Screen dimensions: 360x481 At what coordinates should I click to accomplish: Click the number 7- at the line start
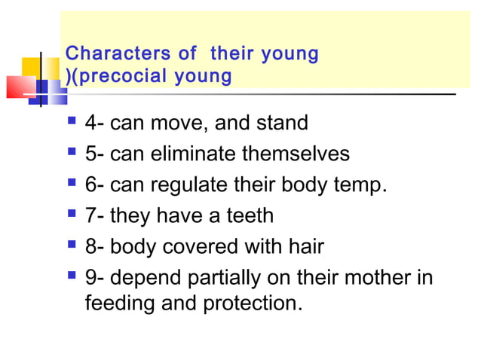[x=95, y=216]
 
